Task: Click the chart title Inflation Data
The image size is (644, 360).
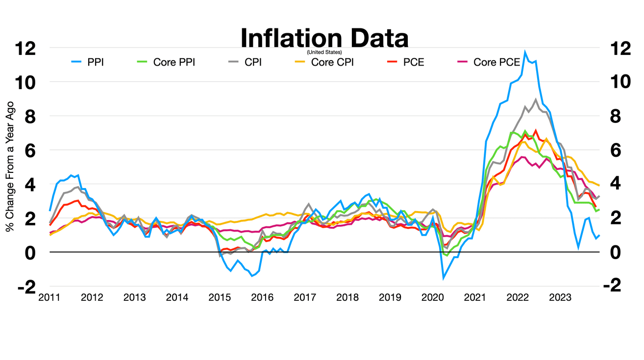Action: tap(324, 38)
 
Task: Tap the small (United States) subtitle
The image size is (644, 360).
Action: tap(324, 52)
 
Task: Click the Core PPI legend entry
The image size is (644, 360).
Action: tap(165, 62)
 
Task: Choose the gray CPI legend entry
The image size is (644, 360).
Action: tap(244, 62)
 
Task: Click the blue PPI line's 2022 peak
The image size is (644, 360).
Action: tap(525, 51)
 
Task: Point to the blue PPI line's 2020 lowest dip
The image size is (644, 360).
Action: tap(444, 278)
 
